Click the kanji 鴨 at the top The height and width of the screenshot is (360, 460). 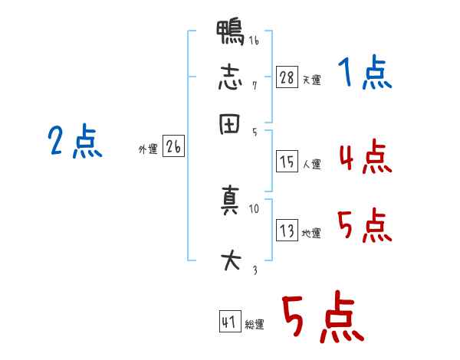[x=231, y=34]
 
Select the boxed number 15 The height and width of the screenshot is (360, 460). [x=286, y=162]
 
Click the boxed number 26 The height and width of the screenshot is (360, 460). [x=172, y=147]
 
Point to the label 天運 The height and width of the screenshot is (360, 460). [x=311, y=79]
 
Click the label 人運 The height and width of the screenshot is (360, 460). [x=311, y=164]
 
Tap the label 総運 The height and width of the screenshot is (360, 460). [x=255, y=325]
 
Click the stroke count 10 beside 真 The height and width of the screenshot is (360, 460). [x=255, y=208]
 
